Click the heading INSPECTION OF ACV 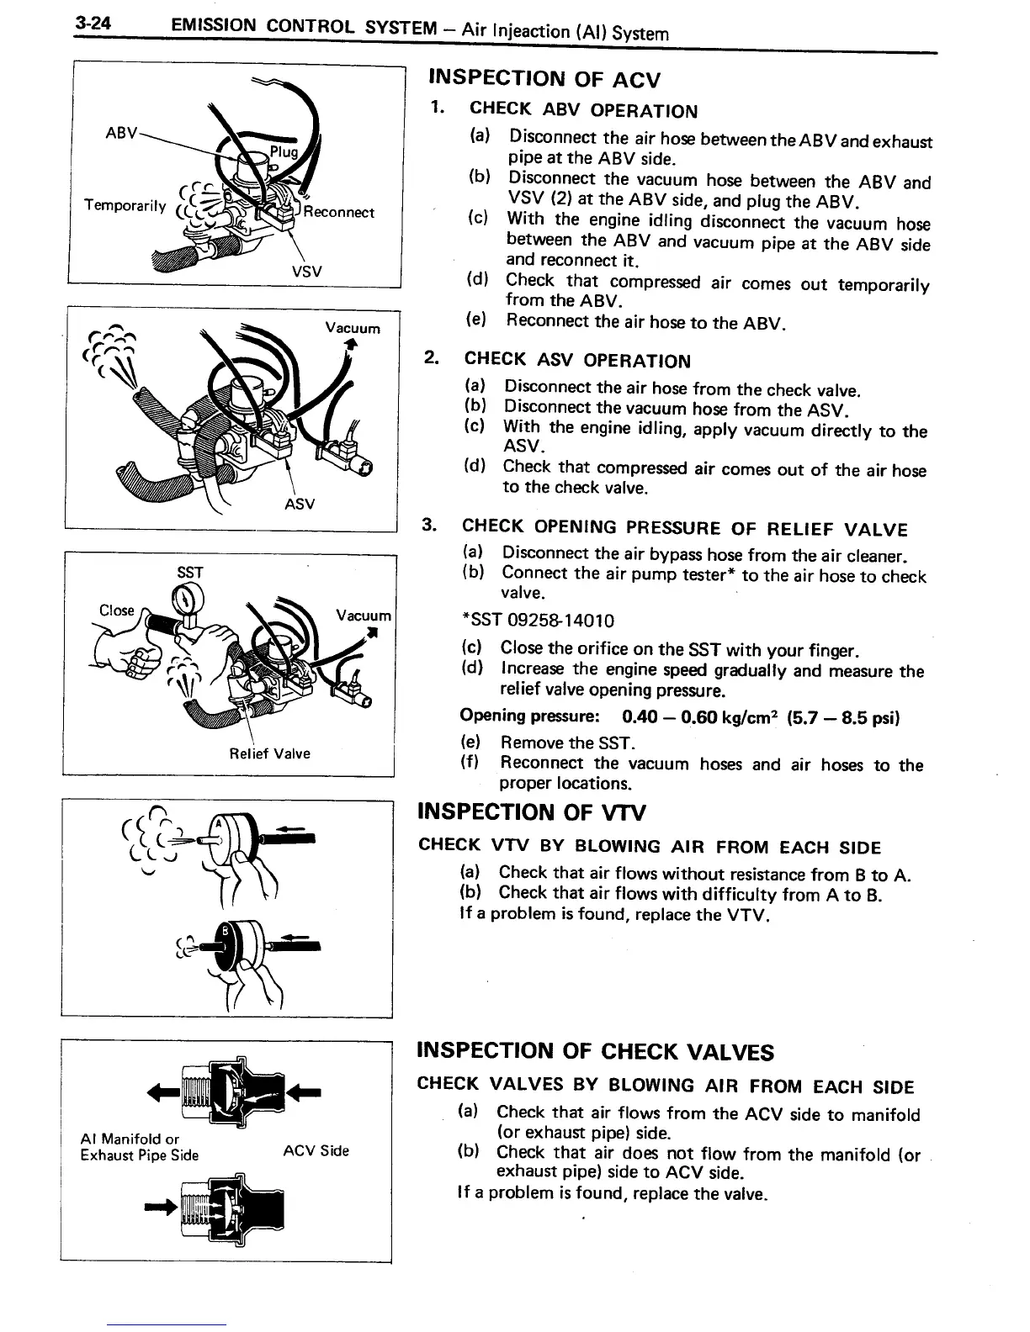(x=544, y=80)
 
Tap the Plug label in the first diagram (x=284, y=152)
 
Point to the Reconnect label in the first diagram (x=338, y=212)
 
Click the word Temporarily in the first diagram (x=125, y=205)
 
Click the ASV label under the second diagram (x=300, y=504)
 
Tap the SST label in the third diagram (x=190, y=573)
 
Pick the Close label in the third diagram (x=116, y=610)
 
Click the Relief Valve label (x=269, y=753)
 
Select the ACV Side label (x=316, y=1150)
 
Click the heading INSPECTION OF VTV (x=532, y=812)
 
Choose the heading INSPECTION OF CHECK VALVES (x=596, y=1051)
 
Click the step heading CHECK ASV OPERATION (x=577, y=361)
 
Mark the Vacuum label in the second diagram (x=353, y=328)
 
